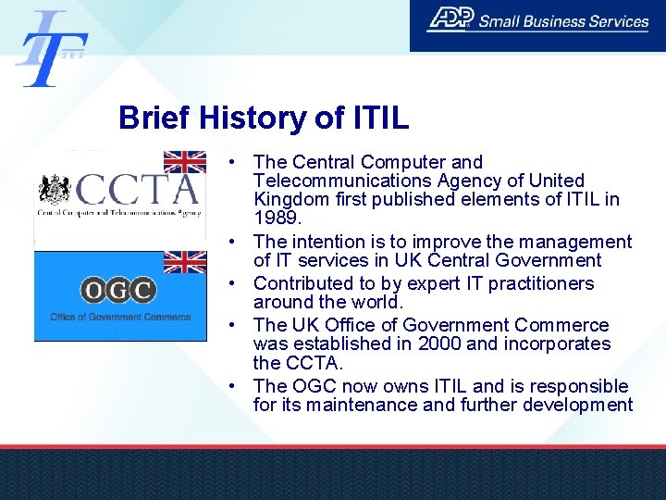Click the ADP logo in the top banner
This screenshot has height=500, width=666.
pos(450,19)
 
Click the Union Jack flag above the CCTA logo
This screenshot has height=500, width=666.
pos(185,161)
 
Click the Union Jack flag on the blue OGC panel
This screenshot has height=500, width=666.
pos(185,262)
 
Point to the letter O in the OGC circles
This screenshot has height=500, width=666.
pos(93,291)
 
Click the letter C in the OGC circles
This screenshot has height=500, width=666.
pos(142,291)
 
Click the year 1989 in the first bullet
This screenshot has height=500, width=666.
pos(275,218)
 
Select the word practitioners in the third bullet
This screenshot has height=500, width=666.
pos(538,283)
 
